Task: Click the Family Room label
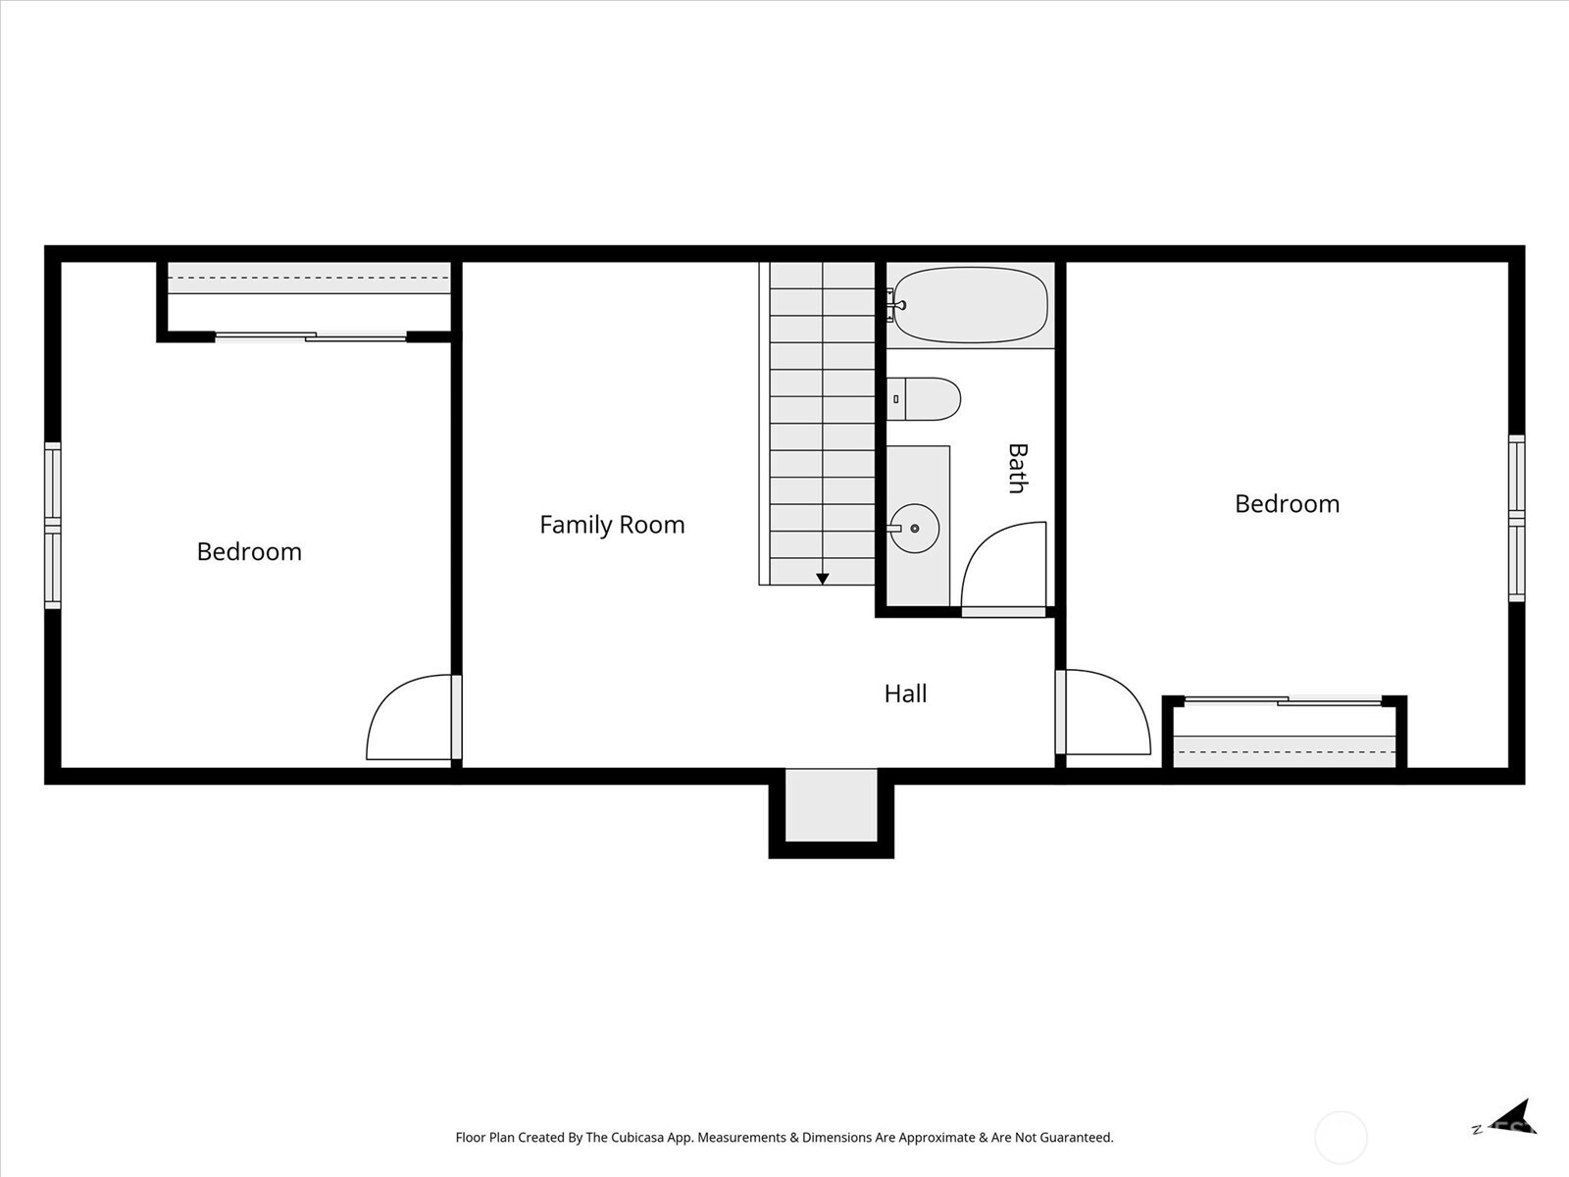[612, 525]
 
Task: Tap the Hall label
[906, 693]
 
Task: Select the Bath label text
[1018, 468]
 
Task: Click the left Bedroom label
[249, 551]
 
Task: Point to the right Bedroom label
[1287, 503]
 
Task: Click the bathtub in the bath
[970, 305]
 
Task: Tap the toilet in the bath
[924, 399]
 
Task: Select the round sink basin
[914, 528]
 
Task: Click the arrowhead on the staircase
[823, 579]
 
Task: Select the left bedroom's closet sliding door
[311, 336]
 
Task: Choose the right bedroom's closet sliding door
[1283, 701]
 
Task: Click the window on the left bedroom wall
[52, 526]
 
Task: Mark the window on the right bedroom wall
[1517, 518]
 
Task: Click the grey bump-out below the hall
[832, 805]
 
